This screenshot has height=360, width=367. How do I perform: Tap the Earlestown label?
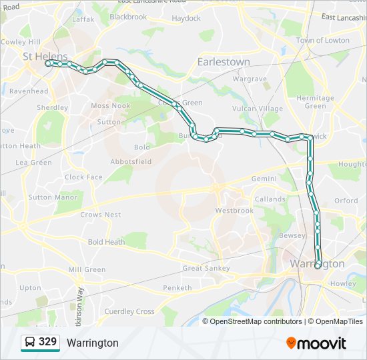[x=224, y=61]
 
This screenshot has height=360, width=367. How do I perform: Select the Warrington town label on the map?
[x=318, y=264]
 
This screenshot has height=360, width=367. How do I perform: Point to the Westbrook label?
[x=234, y=211]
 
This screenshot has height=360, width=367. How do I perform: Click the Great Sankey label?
[x=206, y=269]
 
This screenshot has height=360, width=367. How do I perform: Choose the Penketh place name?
[x=177, y=288]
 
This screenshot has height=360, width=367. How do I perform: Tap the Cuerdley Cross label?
[x=129, y=311]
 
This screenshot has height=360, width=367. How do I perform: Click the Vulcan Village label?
[x=258, y=108]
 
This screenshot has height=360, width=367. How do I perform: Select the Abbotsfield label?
[x=131, y=161]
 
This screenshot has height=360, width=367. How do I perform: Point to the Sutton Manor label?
[x=53, y=197]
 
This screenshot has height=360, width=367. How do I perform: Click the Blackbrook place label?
[x=128, y=17]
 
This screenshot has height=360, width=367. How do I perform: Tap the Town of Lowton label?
[x=323, y=40]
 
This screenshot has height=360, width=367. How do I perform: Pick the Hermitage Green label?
[x=315, y=102]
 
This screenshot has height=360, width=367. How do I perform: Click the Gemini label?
[x=264, y=179]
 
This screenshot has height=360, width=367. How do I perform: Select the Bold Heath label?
[x=106, y=242]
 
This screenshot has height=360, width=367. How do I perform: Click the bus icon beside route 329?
[x=30, y=343]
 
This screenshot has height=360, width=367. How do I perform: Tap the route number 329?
[x=48, y=342]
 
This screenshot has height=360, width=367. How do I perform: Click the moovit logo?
[x=316, y=343]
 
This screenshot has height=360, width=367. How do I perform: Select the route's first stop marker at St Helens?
[x=49, y=63]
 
